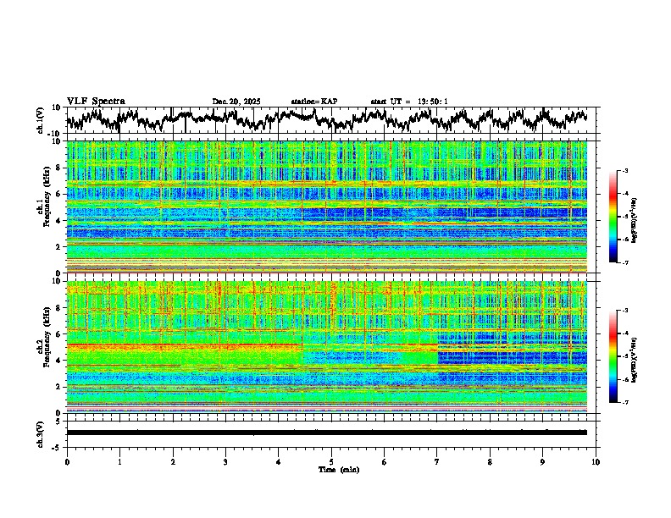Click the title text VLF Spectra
click(96, 101)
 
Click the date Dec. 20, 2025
click(236, 102)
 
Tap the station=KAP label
click(313, 102)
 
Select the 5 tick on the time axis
click(331, 461)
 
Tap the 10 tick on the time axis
click(596, 461)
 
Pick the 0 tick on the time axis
click(67, 461)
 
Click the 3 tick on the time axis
click(225, 461)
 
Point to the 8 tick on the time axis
click(490, 461)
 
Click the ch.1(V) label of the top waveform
click(41, 119)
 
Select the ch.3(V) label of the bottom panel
click(41, 432)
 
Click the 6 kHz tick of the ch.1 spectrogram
click(60, 195)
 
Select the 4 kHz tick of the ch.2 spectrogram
click(60, 361)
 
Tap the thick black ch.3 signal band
click(330, 433)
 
